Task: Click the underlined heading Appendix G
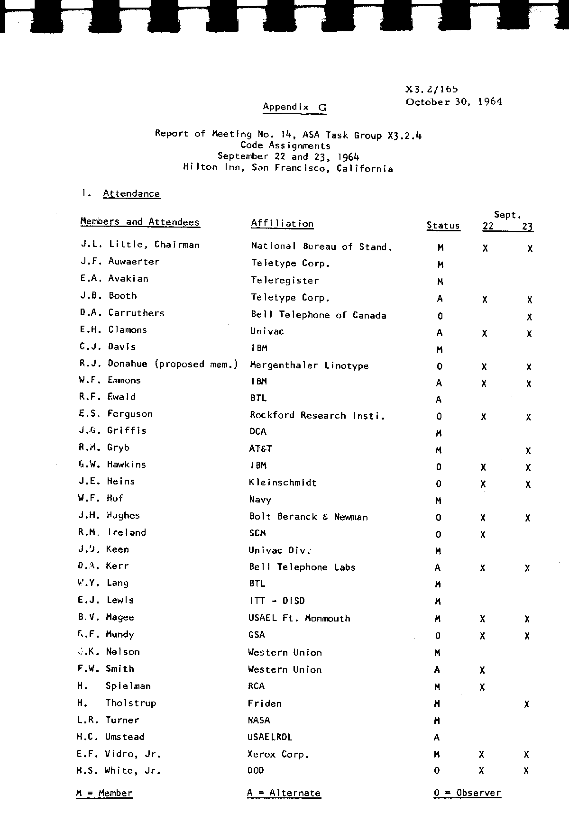294,107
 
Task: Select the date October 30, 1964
454,101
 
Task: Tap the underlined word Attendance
131,193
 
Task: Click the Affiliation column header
282,224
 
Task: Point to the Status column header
443,226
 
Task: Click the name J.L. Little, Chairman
140,245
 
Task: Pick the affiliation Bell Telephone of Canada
318,315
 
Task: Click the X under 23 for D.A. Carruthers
529,317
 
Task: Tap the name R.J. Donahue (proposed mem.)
158,364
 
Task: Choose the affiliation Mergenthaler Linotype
309,365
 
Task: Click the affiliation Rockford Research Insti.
317,416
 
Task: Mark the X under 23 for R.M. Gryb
528,451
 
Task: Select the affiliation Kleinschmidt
283,483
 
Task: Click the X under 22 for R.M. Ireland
483,535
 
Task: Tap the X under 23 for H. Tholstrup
527,704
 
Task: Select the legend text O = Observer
467,793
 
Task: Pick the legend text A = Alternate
284,793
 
